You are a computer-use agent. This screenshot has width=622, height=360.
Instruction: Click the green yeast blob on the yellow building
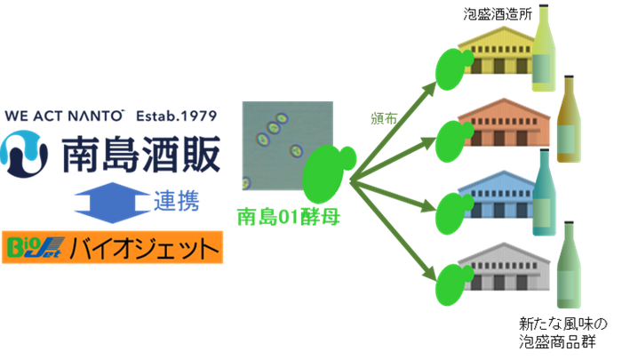[x=451, y=68]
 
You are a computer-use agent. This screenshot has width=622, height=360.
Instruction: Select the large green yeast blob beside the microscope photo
[x=325, y=174]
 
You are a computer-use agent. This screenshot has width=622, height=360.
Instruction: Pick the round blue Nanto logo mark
[x=27, y=152]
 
